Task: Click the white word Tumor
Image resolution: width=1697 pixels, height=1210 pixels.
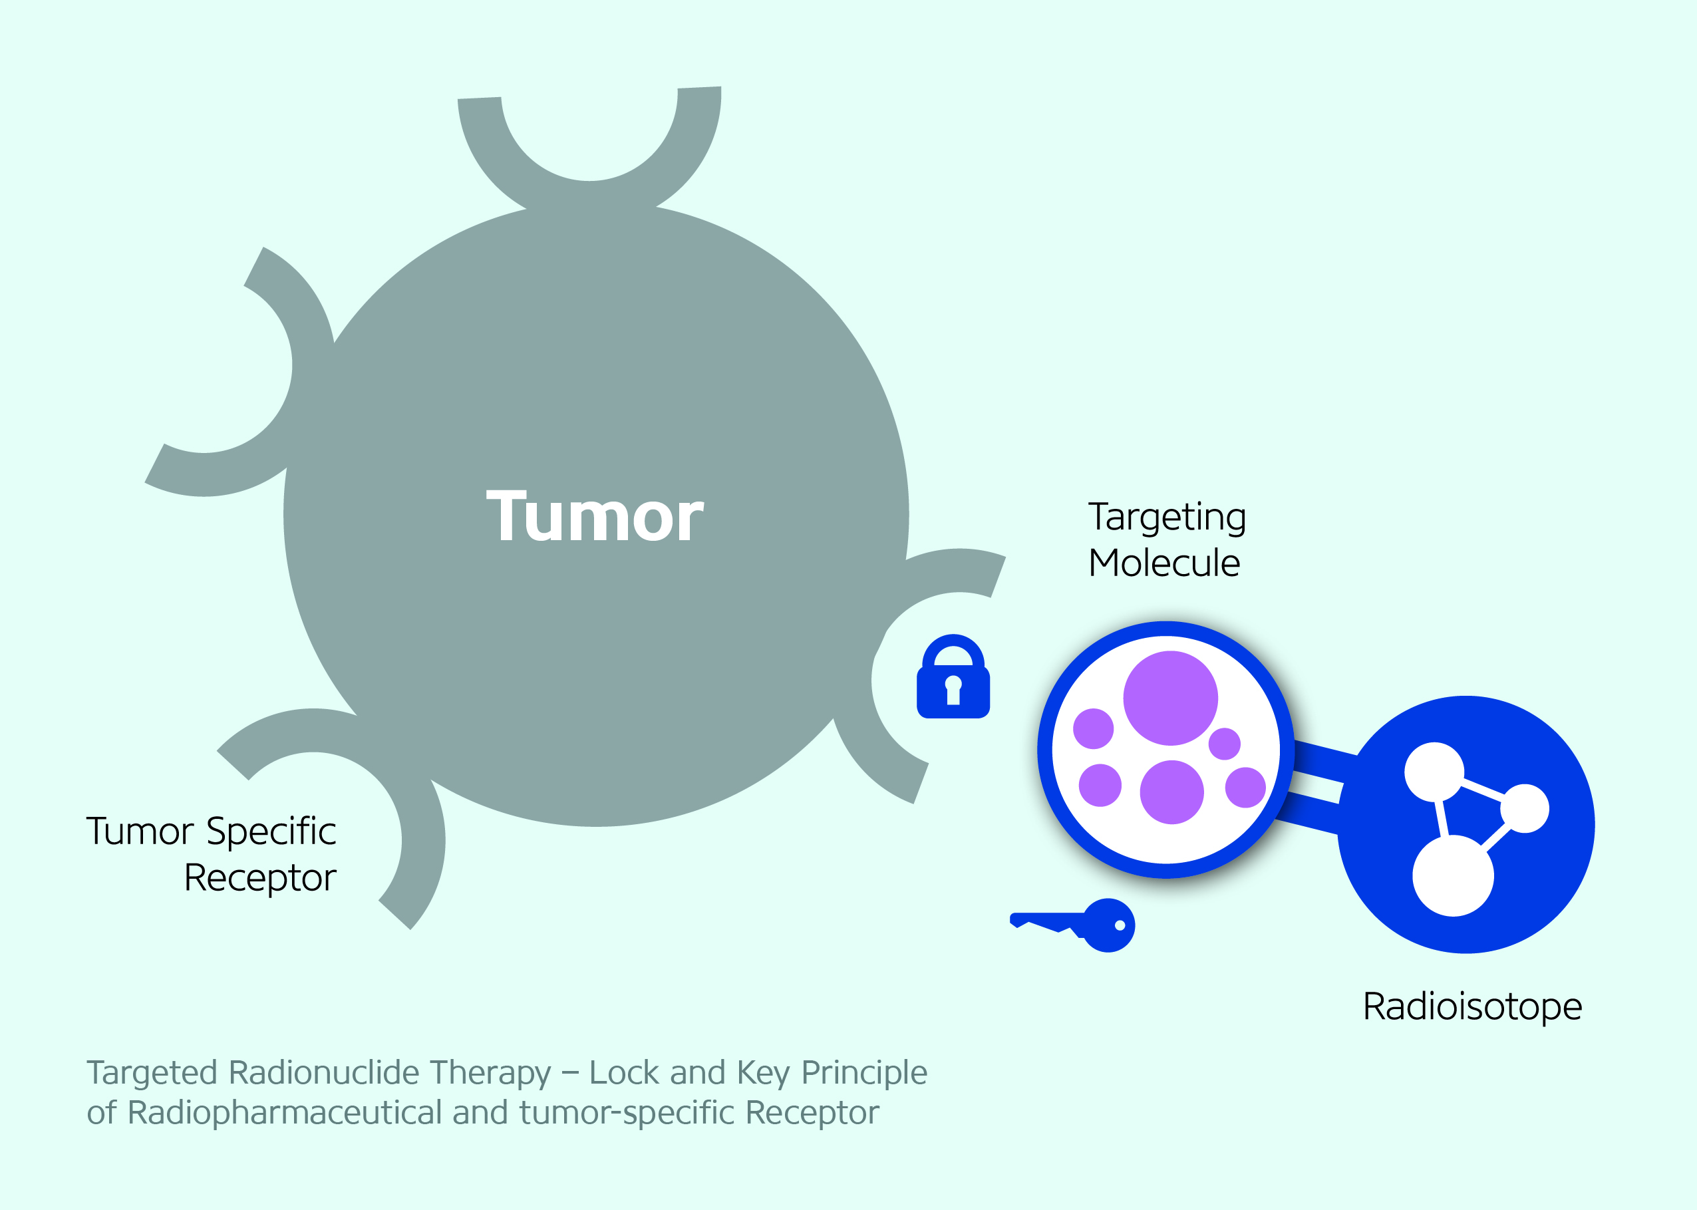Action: (x=595, y=516)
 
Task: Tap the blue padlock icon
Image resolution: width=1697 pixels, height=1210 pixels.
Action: (x=953, y=677)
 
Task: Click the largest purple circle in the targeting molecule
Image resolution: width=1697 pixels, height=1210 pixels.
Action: (x=1170, y=698)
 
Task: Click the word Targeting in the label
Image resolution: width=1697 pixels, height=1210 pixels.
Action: (x=1167, y=517)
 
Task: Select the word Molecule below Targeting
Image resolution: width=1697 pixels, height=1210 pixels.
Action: (x=1164, y=563)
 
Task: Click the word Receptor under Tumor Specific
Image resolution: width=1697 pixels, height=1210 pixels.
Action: (x=260, y=877)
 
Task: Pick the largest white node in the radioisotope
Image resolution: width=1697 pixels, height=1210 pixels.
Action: (x=1453, y=875)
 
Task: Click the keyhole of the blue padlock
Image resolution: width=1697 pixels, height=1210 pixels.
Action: (x=953, y=689)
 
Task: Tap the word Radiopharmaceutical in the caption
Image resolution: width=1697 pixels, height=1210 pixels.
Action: (x=285, y=1113)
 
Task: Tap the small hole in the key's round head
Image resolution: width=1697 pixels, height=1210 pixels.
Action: (x=1120, y=925)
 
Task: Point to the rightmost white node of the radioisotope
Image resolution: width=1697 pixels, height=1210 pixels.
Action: (x=1525, y=808)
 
